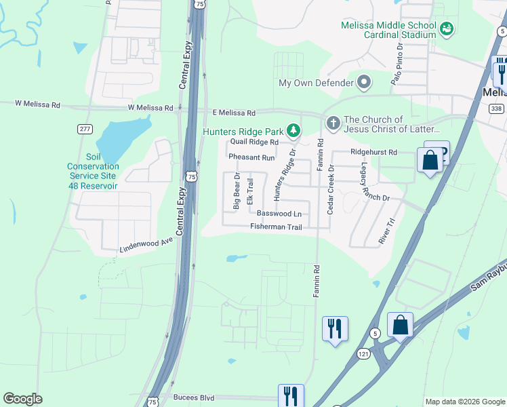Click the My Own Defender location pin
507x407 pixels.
[x=365, y=83]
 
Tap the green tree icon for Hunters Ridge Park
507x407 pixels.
[x=293, y=130]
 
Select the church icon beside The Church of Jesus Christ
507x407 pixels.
[x=332, y=123]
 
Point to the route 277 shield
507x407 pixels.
[x=85, y=129]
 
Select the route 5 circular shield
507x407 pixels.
[x=374, y=332]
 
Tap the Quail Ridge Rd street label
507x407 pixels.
[x=254, y=142]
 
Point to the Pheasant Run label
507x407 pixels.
[x=251, y=157]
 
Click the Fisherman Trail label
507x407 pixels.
[x=276, y=227]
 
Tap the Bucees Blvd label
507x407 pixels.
[x=193, y=398]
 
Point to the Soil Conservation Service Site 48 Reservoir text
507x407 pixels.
[x=93, y=171]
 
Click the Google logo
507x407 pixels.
[x=22, y=399]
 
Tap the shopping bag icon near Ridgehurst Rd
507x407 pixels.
[x=430, y=161]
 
